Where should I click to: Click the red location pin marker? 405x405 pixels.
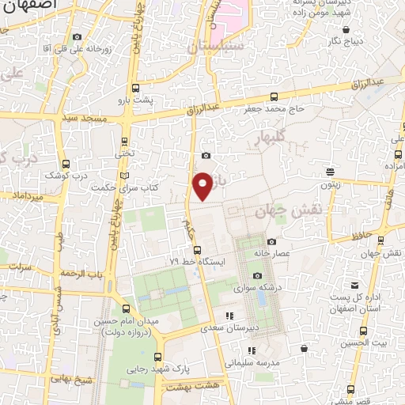pos(203,186)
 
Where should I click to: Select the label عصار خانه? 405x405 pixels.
pos(272,254)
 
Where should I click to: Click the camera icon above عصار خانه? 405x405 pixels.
pos(271,241)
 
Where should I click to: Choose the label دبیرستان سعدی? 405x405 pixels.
pos(229,327)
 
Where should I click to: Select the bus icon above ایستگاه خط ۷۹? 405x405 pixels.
pos(197,249)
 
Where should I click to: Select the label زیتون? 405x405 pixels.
pos(330,184)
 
